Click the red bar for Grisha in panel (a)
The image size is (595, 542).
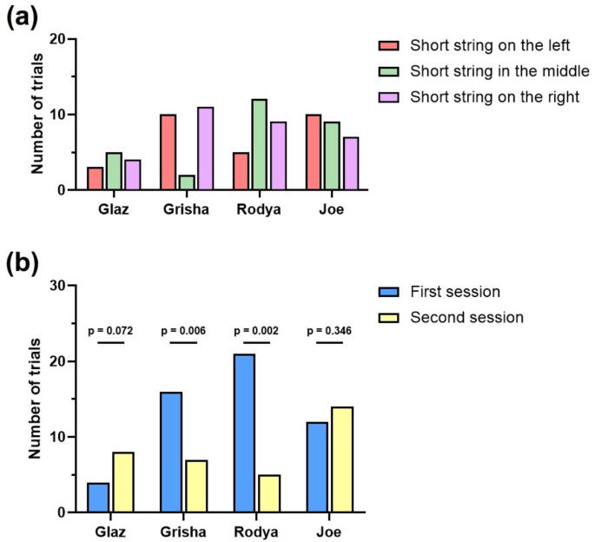coord(169,152)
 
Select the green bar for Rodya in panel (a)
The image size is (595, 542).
coord(260,144)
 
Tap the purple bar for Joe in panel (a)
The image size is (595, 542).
coord(351,163)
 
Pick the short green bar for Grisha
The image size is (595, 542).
coord(187,182)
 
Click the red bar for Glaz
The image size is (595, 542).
coord(95,178)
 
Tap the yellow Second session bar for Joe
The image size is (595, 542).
coord(342,459)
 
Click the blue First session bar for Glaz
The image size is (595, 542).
coord(99,497)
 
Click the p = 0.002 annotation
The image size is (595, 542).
coord(256,331)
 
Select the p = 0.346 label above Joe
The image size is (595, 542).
coord(329,331)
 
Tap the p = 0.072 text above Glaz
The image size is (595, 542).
coord(110,331)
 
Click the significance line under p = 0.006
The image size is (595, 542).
coord(183,343)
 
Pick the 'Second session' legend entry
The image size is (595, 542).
coord(466,318)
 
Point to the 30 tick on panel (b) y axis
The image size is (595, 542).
coord(58,286)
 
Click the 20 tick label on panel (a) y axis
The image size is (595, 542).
coord(58,39)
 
